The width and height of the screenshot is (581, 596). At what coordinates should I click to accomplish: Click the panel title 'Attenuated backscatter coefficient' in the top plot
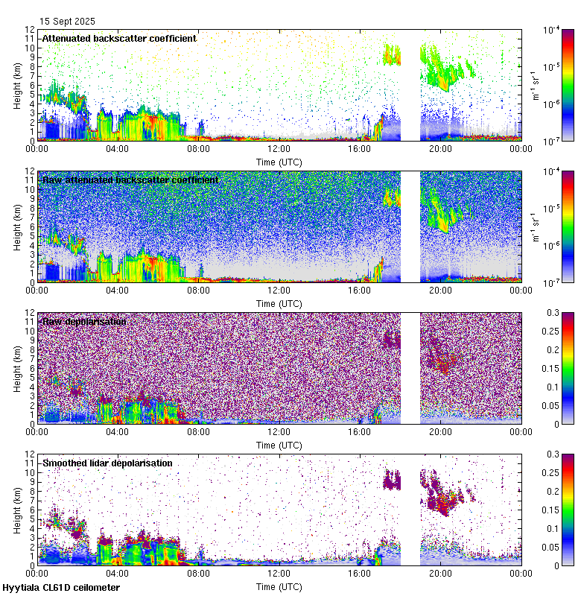coord(119,38)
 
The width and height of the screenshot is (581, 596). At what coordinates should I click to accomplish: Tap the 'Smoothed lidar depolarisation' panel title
coord(107,463)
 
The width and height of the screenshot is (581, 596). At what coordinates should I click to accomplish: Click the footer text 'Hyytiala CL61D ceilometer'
coord(61,588)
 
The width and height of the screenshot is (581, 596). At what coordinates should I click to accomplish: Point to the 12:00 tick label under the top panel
coord(279,148)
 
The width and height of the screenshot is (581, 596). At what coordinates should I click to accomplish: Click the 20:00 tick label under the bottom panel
coord(440,573)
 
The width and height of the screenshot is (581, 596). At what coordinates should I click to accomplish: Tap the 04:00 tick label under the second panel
coord(118,290)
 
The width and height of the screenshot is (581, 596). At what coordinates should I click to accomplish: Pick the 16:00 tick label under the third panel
coord(360,431)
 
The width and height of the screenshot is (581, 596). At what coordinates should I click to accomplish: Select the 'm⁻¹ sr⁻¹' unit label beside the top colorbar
coord(536,85)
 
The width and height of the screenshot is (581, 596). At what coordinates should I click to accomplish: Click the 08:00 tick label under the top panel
coord(198,148)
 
